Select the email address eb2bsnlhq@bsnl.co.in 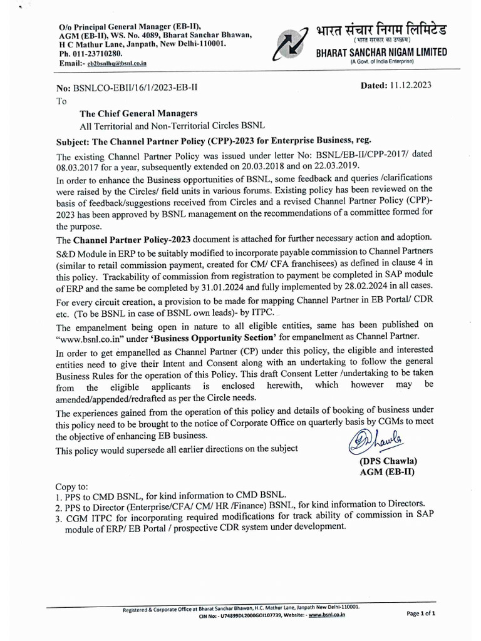[x=117, y=64]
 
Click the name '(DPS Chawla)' [x=388, y=461]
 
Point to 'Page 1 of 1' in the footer [x=421, y=613]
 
